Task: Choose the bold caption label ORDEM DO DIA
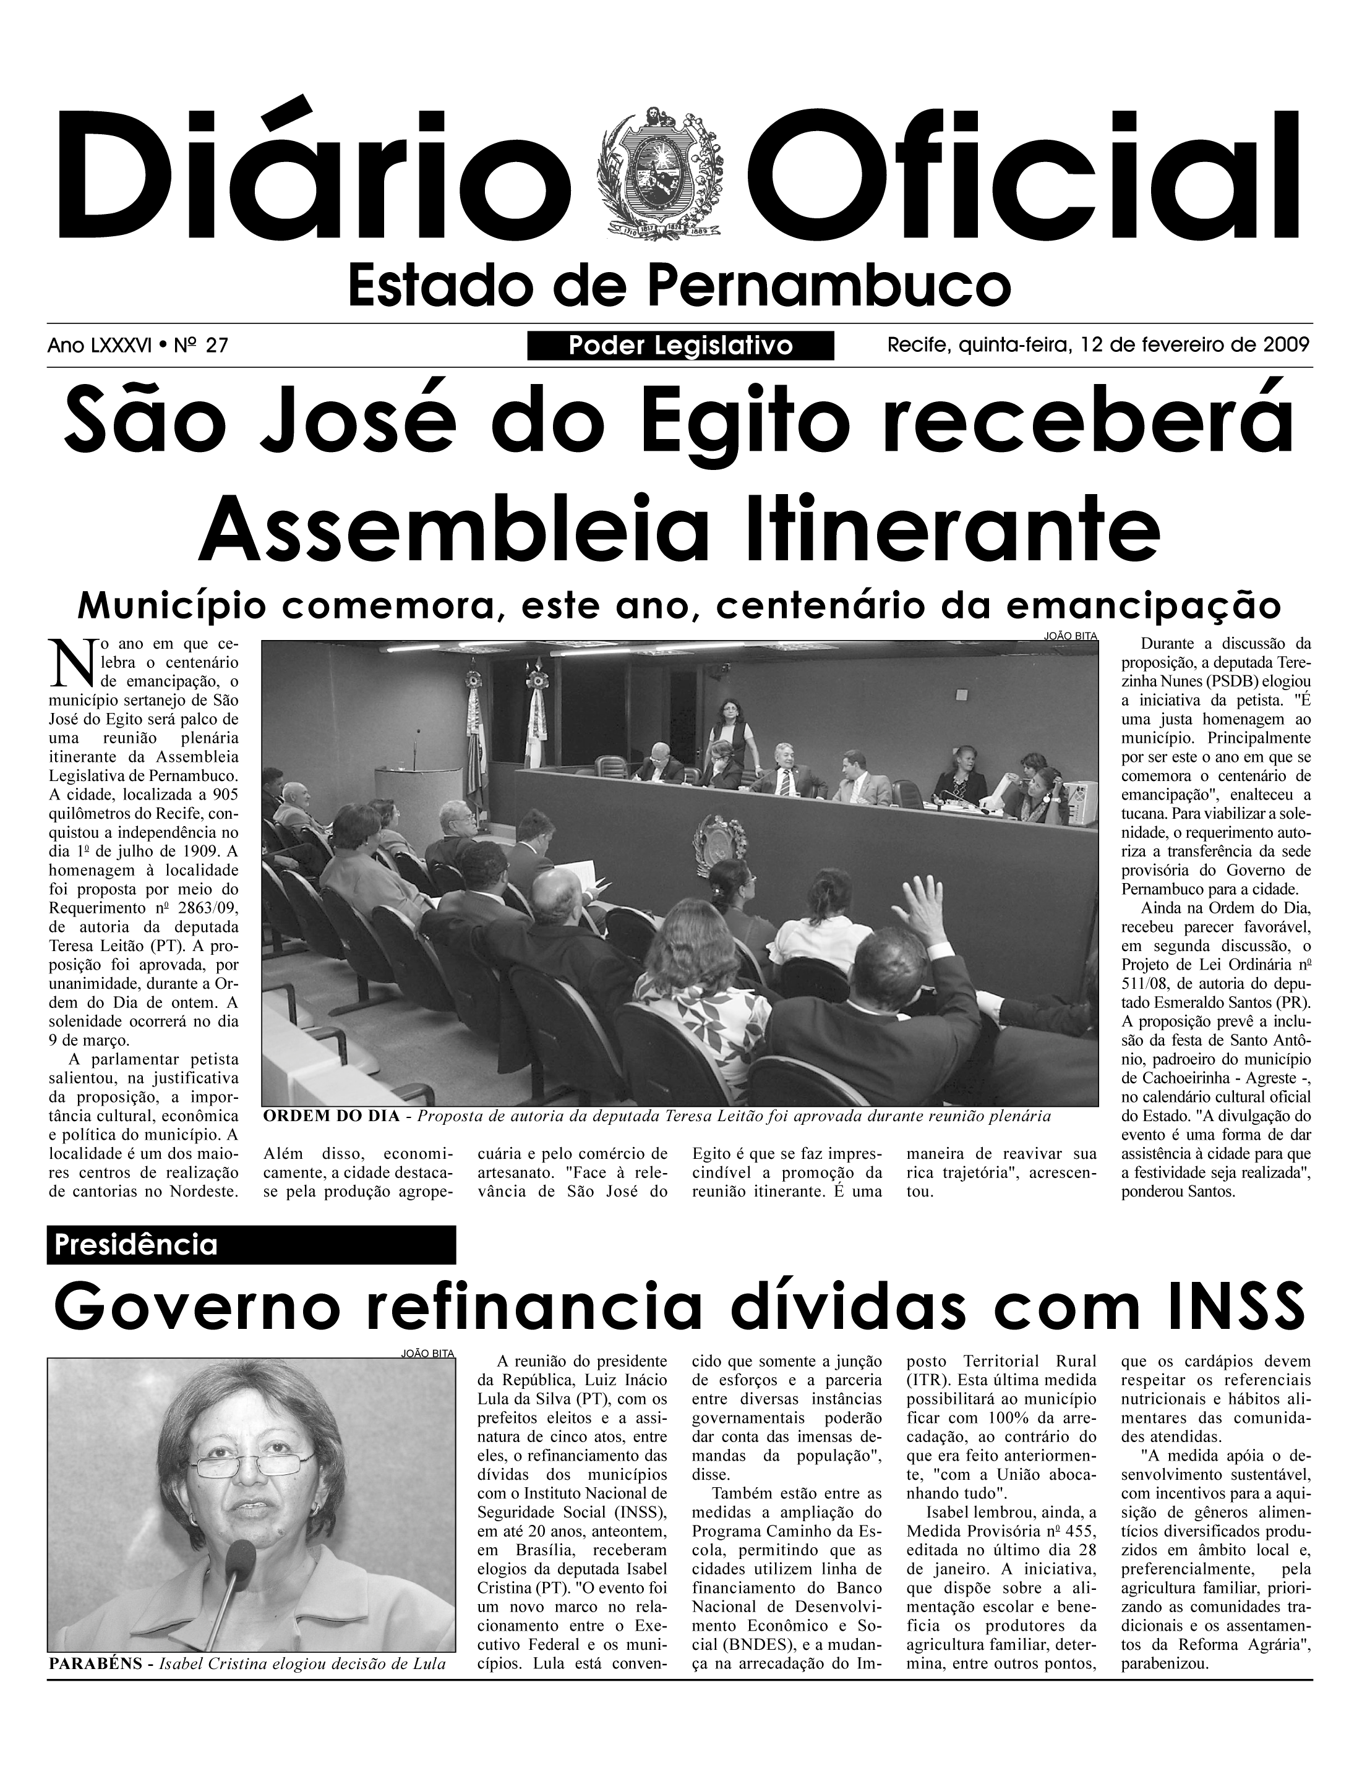[332, 1116]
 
